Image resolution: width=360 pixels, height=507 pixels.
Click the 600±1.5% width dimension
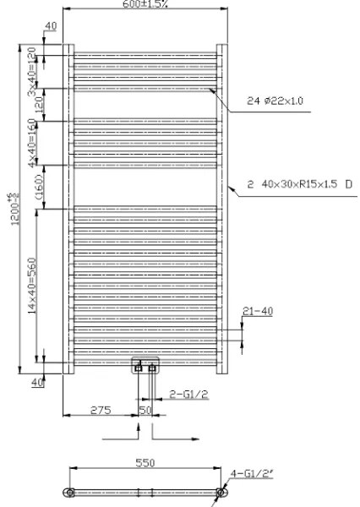point(145,5)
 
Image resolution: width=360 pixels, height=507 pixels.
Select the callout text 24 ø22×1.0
point(274,101)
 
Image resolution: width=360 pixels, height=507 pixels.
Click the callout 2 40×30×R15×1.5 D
point(299,183)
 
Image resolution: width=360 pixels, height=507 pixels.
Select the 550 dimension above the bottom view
point(145,464)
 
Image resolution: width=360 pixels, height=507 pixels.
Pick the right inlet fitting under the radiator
point(152,368)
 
